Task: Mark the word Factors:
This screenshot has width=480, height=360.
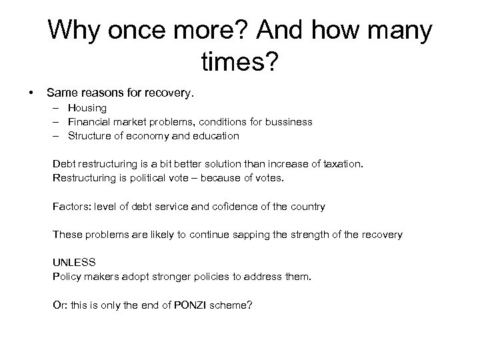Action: [x=72, y=207]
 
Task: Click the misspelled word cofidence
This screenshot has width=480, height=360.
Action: [x=224, y=207]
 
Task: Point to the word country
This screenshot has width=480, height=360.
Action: [x=307, y=207]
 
